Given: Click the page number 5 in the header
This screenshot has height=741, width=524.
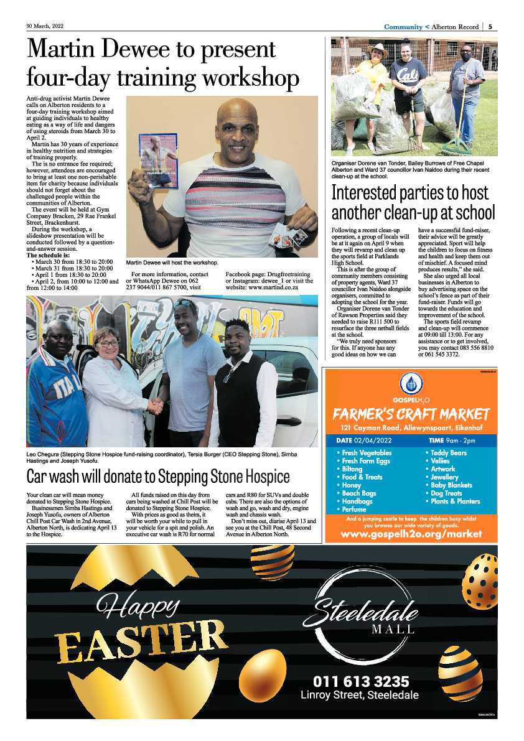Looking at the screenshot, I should point(491,27).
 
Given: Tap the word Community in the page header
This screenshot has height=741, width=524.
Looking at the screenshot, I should point(403,27).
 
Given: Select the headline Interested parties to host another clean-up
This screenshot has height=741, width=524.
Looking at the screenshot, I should point(413,202).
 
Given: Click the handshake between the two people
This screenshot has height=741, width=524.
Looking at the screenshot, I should point(156,406).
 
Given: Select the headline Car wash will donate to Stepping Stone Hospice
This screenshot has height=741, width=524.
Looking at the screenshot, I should point(158,477).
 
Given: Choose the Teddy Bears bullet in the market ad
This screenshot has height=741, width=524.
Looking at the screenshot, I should point(447,453).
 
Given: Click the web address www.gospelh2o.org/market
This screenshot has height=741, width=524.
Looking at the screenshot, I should point(411,534).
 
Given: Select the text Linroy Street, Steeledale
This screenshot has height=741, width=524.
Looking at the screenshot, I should point(360,695).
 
